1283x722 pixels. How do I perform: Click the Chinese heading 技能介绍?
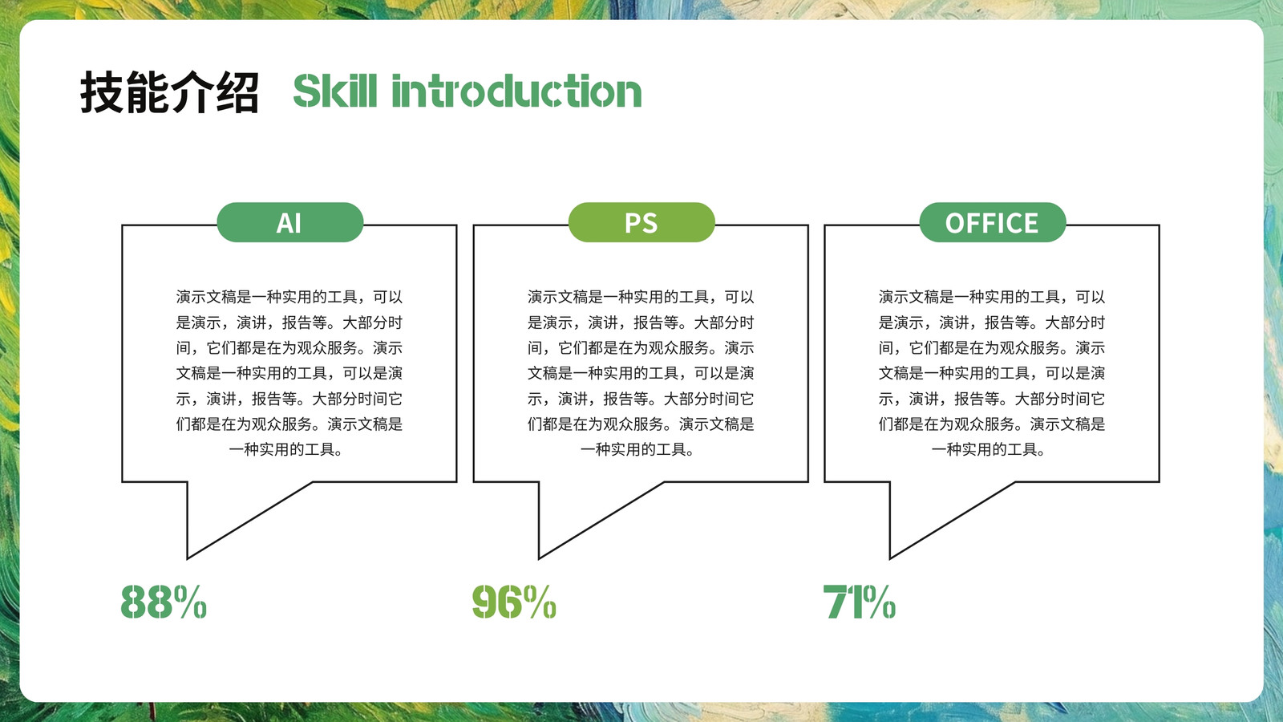coord(169,91)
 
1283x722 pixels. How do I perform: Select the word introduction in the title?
coord(516,91)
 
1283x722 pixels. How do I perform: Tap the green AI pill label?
coord(289,222)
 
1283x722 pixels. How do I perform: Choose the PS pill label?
coord(641,222)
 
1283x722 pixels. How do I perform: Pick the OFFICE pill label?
coord(993,222)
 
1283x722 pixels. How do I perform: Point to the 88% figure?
coord(164,602)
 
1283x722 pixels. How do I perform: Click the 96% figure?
coord(514,602)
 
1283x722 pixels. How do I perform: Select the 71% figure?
coord(859,602)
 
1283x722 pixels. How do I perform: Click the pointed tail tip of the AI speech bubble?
coord(188,558)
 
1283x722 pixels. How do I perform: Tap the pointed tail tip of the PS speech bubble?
coord(540,558)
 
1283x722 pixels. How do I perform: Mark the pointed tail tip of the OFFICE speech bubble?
coord(891,558)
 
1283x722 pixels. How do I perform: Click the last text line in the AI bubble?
coord(286,449)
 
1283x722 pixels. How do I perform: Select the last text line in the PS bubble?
coord(638,449)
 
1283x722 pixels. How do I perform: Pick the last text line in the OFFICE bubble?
coord(990,449)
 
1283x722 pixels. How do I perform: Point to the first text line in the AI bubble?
coord(289,297)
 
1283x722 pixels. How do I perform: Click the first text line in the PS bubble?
coord(641,297)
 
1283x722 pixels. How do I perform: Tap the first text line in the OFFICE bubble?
coord(992,297)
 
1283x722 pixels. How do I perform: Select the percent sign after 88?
coord(191,602)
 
